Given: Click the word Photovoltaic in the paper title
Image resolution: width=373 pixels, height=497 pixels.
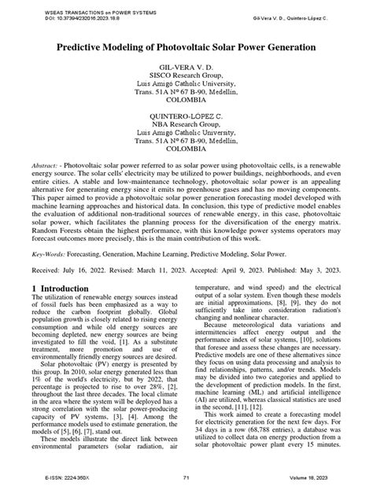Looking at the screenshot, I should pyautogui.click(x=188, y=48).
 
